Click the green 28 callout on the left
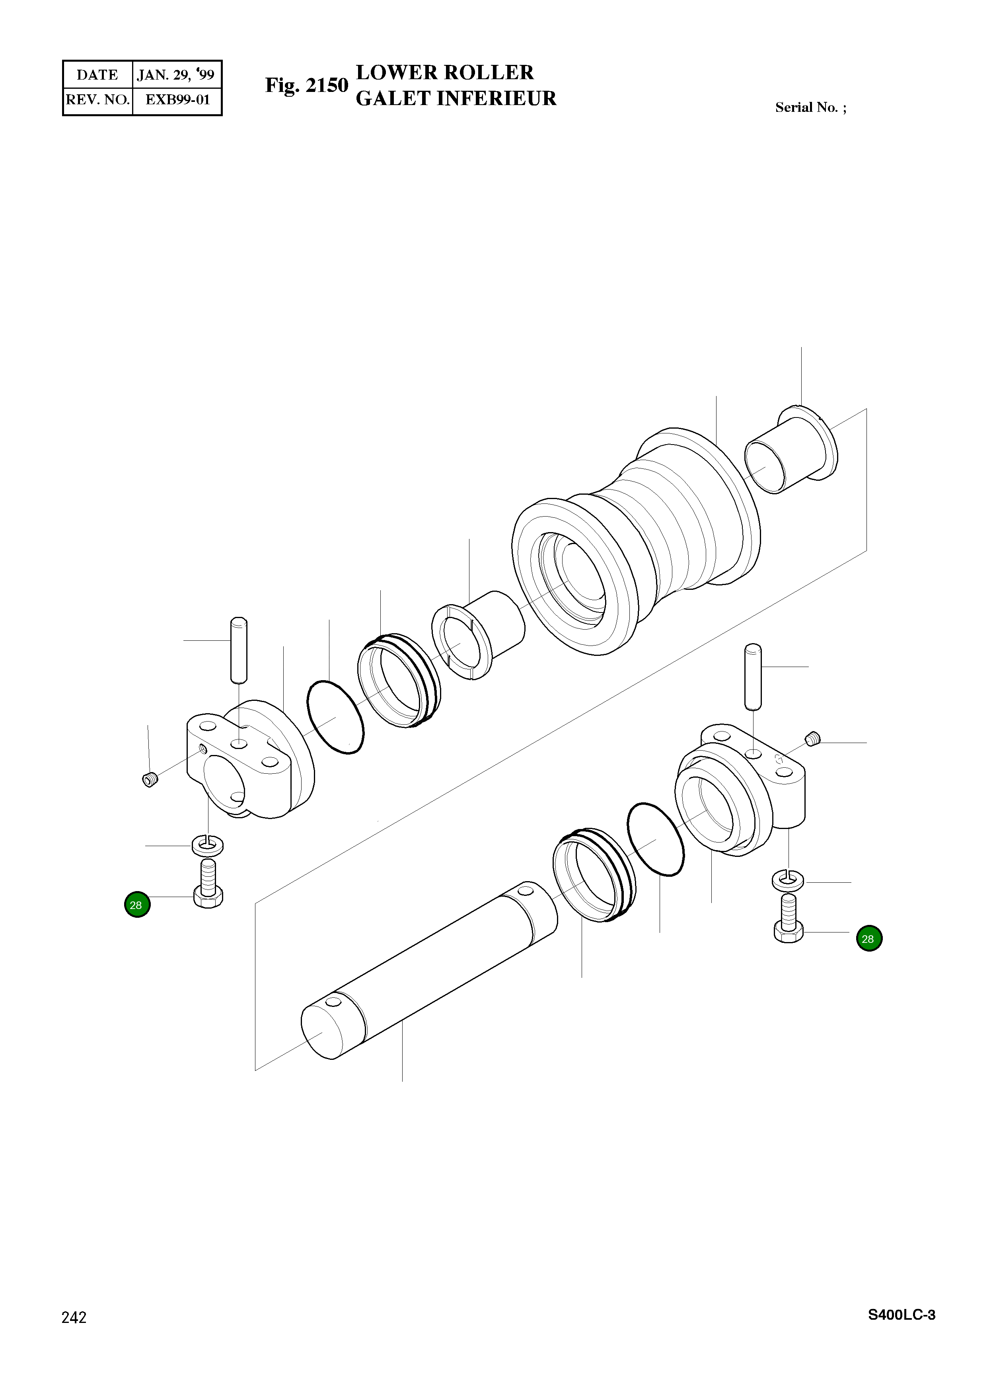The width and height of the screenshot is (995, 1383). pos(137,905)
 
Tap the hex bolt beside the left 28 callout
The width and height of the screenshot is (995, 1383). pos(208,883)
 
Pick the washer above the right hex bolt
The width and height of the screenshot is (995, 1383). pos(788,880)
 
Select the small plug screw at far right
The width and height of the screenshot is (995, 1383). pos(813,740)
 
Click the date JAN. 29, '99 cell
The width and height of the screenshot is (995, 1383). pos(176,75)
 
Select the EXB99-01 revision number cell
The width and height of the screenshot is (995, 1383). pos(177,100)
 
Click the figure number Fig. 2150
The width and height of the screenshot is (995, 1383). pos(306,86)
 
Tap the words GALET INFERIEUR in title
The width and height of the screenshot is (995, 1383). pos(456,99)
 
